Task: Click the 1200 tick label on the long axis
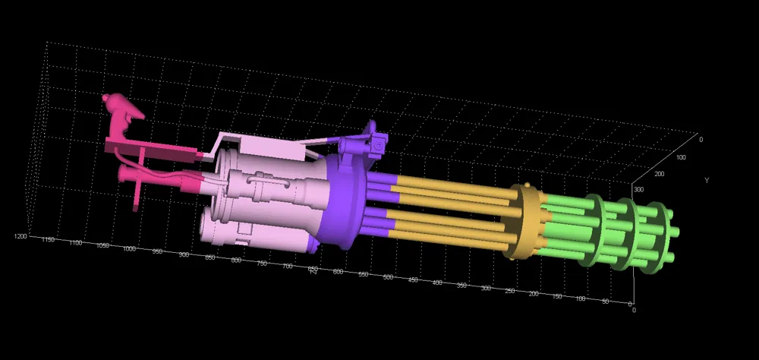pos(21,237)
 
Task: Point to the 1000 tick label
pos(129,248)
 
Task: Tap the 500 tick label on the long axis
pos(388,277)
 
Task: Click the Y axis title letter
pos(707,181)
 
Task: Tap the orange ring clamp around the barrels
pos(525,220)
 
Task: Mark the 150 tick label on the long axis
pos(558,297)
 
